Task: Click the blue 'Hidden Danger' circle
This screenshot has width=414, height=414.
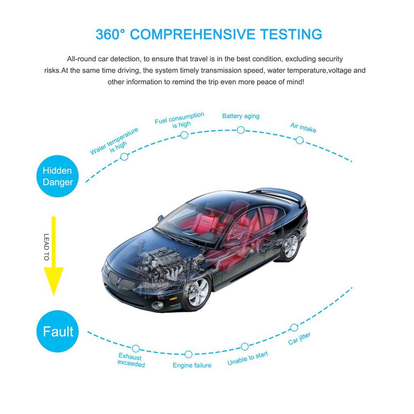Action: pos(57,176)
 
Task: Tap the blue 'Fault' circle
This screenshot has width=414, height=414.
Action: pos(57,331)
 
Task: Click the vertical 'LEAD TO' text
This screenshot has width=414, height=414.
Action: pos(46,247)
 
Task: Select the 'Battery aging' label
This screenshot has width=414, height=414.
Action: pos(241,116)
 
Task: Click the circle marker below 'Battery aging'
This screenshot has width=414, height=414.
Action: pos(241,130)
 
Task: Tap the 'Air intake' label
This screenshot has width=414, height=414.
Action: pos(303,127)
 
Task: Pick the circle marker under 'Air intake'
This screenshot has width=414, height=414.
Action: pos(300,140)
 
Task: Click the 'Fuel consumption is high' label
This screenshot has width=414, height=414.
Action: pos(180,120)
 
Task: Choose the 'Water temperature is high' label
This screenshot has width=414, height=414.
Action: pos(114,142)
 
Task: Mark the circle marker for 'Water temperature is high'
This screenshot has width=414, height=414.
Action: pos(125,157)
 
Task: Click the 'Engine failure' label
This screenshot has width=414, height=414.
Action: pos(192,365)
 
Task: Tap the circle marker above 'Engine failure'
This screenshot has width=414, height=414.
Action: pos(188,354)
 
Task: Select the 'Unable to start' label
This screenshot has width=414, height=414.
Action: pos(248,358)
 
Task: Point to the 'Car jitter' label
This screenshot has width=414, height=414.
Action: pos(299,339)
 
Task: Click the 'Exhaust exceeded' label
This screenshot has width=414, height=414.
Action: pos(131,360)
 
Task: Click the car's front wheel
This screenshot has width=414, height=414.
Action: pos(197,293)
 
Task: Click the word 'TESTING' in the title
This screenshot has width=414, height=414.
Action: pos(291,34)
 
